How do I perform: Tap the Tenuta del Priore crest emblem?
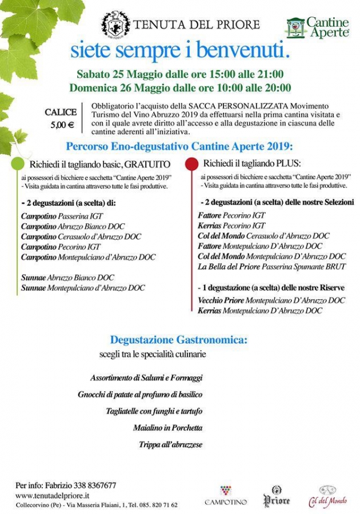115,25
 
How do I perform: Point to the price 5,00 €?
66,125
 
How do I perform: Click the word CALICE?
61,113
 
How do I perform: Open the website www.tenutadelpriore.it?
52,495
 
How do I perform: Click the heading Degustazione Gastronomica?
179,340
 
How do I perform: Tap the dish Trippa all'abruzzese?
170,444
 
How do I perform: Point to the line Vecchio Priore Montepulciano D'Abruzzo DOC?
271,300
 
